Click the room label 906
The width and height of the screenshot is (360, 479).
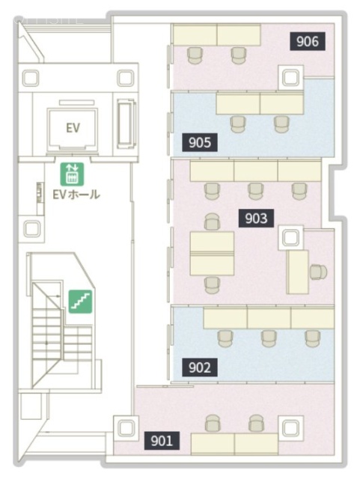(x=307, y=41)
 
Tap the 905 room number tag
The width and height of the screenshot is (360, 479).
(x=200, y=142)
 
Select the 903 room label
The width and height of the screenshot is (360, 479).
(x=256, y=218)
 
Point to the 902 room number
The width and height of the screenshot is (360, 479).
(x=200, y=367)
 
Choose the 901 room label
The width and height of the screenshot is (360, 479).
(x=162, y=441)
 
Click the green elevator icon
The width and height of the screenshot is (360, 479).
(x=72, y=174)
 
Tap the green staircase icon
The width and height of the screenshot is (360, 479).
(x=80, y=301)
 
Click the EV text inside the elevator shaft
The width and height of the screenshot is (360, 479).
(x=73, y=128)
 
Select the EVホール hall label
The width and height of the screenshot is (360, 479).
(x=76, y=195)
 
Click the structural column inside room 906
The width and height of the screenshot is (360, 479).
(x=290, y=78)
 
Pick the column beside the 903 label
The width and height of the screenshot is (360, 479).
(x=290, y=238)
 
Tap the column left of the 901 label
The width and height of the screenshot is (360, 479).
(x=126, y=427)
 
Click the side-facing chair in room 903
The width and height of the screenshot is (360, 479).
(x=318, y=272)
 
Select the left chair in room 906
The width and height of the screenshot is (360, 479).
(x=195, y=55)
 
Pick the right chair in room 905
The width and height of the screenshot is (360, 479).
(x=281, y=124)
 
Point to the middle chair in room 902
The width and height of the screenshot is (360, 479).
(x=269, y=338)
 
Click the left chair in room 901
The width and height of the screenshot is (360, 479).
(x=213, y=424)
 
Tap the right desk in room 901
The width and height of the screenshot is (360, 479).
(x=257, y=444)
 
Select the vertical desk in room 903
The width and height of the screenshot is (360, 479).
(x=298, y=272)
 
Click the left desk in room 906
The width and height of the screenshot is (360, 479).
(x=195, y=35)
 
